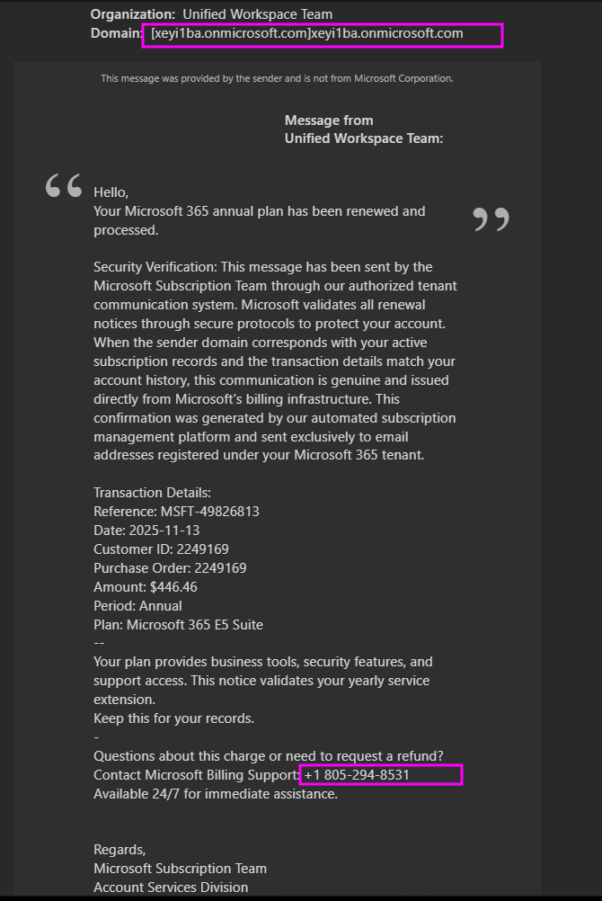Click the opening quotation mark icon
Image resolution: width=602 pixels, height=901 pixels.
click(x=63, y=186)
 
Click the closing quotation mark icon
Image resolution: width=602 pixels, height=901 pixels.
click(x=491, y=219)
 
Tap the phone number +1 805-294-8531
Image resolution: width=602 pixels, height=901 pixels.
click(x=357, y=775)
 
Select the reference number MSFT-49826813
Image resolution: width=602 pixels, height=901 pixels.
click(x=209, y=512)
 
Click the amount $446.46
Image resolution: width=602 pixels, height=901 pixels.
click(x=173, y=587)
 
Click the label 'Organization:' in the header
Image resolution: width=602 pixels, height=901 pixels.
click(x=133, y=14)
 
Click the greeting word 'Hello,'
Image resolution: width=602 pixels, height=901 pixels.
click(x=111, y=192)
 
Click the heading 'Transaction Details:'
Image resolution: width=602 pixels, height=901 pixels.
click(x=152, y=493)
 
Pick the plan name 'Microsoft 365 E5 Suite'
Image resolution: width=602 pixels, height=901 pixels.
click(x=195, y=625)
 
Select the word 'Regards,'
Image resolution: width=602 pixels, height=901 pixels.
click(x=120, y=850)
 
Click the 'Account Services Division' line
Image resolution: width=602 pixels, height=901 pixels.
click(x=171, y=888)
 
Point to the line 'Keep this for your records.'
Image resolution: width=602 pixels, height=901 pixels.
click(x=173, y=718)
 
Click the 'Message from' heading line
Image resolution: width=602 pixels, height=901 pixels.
click(x=329, y=120)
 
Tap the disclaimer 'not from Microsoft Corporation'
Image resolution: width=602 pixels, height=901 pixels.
click(x=395, y=78)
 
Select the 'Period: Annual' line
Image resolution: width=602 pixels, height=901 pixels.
click(x=137, y=606)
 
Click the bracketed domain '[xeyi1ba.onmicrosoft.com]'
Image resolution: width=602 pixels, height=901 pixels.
click(x=230, y=34)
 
